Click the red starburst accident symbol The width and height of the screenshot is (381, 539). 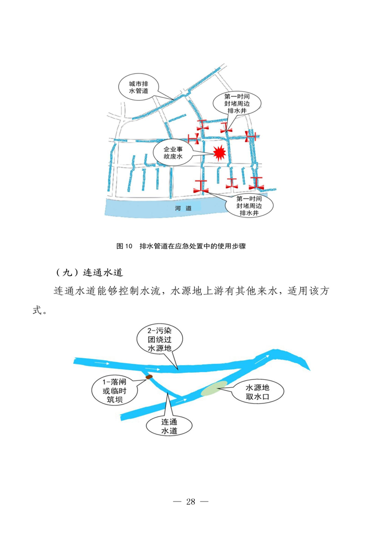219,153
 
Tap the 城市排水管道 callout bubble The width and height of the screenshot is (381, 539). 138,87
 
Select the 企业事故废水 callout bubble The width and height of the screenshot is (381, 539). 173,153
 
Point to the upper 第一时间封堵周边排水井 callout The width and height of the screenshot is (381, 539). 237,103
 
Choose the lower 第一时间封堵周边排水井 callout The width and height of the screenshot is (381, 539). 249,206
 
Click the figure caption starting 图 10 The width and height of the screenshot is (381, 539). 181,246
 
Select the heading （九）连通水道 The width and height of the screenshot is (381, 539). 89,272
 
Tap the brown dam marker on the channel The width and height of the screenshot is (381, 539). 149,377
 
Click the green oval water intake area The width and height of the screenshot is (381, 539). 214,388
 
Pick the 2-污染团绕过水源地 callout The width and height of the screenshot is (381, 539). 160,340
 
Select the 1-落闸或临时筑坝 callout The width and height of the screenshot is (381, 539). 114,391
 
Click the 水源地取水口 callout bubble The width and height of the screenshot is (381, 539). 258,392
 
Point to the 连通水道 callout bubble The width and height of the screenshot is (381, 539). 169,426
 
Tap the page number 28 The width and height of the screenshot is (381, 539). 191,502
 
